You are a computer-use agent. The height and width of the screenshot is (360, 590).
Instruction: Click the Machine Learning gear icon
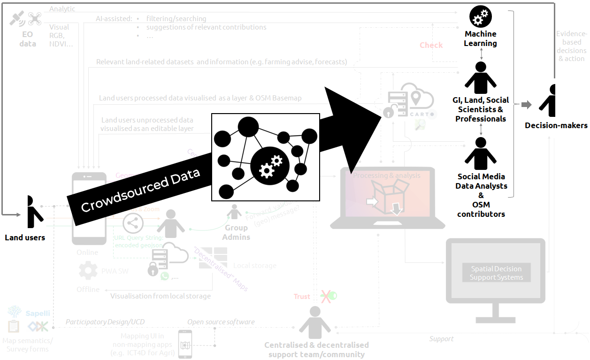click(x=480, y=17)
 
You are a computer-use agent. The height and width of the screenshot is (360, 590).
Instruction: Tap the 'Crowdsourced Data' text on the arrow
click(x=141, y=190)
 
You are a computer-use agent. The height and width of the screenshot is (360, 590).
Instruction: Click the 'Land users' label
click(x=25, y=237)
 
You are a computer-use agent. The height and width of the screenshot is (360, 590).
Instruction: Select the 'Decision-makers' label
click(x=556, y=125)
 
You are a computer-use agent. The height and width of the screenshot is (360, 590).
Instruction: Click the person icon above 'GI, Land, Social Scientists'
click(x=480, y=77)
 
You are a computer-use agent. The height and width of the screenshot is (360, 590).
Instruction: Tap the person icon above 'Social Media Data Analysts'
click(x=480, y=153)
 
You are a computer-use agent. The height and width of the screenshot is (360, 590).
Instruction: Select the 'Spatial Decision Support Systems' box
click(x=496, y=273)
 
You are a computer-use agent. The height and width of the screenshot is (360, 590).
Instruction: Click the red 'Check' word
click(x=431, y=45)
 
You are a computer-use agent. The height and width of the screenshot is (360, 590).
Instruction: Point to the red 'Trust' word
click(x=302, y=296)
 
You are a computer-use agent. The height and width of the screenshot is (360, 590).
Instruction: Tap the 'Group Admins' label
click(x=236, y=232)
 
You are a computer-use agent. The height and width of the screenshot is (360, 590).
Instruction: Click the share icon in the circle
click(x=133, y=223)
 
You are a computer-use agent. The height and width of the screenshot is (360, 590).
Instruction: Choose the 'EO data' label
click(x=27, y=39)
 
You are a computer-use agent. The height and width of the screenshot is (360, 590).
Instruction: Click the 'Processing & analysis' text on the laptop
click(x=387, y=176)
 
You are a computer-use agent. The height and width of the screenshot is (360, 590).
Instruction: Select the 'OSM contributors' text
click(x=481, y=209)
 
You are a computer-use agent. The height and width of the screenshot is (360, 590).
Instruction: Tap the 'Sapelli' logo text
click(x=38, y=313)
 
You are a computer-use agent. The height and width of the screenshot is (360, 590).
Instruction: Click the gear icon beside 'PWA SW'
click(x=88, y=271)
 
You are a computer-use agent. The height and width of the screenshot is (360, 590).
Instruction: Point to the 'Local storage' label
click(x=255, y=266)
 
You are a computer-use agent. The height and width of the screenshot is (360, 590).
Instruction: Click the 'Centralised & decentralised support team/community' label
click(x=316, y=350)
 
